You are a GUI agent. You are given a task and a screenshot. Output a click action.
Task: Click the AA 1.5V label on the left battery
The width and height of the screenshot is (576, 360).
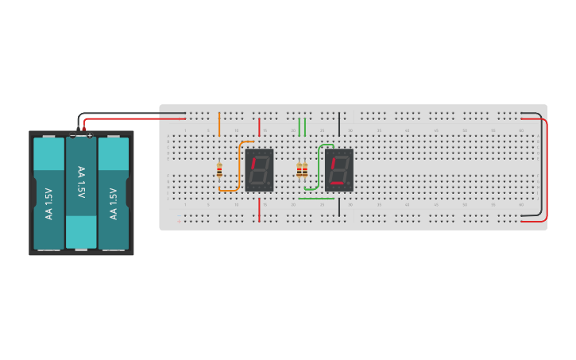(49, 203)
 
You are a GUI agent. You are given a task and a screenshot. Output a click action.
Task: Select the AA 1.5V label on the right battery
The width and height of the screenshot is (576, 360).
(114, 203)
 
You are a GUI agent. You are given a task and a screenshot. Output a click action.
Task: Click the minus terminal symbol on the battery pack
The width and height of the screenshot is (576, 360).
(72, 136)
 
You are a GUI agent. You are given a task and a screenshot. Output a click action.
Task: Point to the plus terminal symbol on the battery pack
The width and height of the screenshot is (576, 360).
(90, 136)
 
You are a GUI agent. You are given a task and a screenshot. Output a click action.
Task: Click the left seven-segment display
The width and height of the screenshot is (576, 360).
(259, 169)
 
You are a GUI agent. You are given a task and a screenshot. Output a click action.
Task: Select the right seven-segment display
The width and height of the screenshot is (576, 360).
(338, 169)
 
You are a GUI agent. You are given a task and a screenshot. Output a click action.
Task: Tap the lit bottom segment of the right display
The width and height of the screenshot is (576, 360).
(338, 184)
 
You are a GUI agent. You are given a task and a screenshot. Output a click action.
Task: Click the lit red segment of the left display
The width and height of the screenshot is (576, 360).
(253, 164)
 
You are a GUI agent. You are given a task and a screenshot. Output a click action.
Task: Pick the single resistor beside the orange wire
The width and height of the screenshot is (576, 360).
(219, 169)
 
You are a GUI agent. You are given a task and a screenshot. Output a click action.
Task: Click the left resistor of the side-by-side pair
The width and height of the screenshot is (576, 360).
(299, 170)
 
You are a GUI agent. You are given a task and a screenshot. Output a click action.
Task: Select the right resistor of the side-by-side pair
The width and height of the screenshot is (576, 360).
(305, 170)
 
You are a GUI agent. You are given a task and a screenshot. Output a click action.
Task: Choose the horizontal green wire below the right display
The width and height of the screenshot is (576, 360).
(315, 199)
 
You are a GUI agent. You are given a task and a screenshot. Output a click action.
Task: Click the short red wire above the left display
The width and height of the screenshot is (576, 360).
(259, 126)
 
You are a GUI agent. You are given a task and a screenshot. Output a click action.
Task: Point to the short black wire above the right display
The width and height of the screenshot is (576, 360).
(339, 124)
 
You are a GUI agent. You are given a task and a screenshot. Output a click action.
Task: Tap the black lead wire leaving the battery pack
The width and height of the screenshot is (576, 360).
(127, 113)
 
